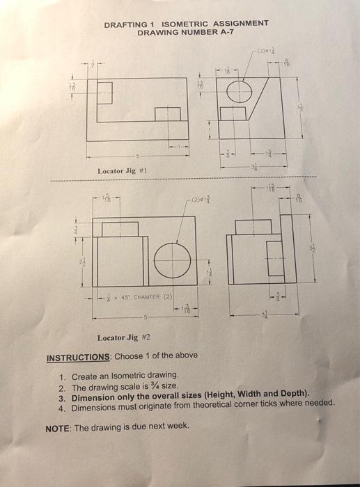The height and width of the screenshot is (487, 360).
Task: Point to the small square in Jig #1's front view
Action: [x=168, y=114]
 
